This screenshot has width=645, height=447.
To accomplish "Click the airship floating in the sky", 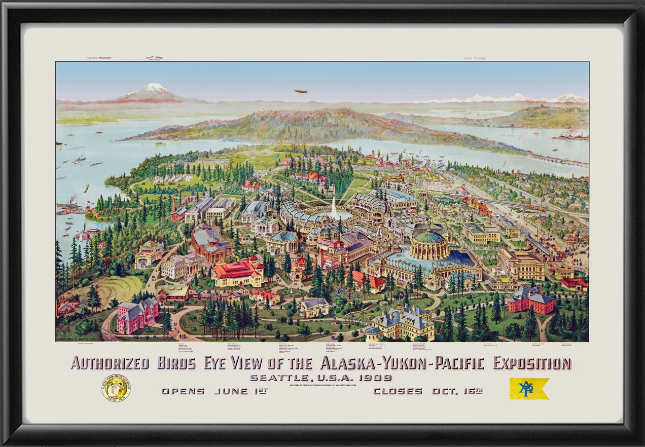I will point(314,91).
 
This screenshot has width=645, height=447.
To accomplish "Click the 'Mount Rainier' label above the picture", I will point(154,58).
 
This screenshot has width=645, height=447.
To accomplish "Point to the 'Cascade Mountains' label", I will point(99,58).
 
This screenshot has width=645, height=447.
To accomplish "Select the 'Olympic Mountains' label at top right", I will point(474,58).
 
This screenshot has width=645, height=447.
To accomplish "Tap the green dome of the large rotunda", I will point(429,236).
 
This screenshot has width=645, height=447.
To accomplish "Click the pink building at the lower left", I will point(137,315).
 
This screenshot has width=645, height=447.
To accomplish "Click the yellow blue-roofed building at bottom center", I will point(401,323).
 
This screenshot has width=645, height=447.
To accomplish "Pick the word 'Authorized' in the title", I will point(110,363).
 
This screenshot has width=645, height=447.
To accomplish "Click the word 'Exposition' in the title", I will point(532,363).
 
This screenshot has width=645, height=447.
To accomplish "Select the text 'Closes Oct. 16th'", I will point(427,391).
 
